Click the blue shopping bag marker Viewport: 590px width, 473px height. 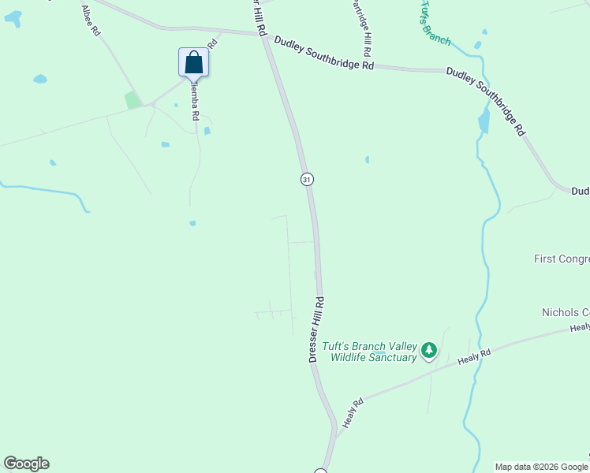[194, 62]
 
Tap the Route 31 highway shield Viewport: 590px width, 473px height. [307, 179]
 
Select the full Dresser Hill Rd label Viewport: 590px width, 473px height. [316, 330]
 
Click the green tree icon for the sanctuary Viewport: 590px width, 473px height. [428, 350]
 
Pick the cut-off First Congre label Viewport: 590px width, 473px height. [562, 259]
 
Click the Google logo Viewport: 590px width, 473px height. [26, 464]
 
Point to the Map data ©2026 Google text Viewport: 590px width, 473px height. [541, 467]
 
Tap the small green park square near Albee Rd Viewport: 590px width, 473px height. [133, 100]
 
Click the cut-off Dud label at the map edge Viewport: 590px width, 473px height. [580, 191]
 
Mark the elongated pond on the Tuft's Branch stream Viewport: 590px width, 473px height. [484, 121]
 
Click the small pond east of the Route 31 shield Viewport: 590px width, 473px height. [367, 159]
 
